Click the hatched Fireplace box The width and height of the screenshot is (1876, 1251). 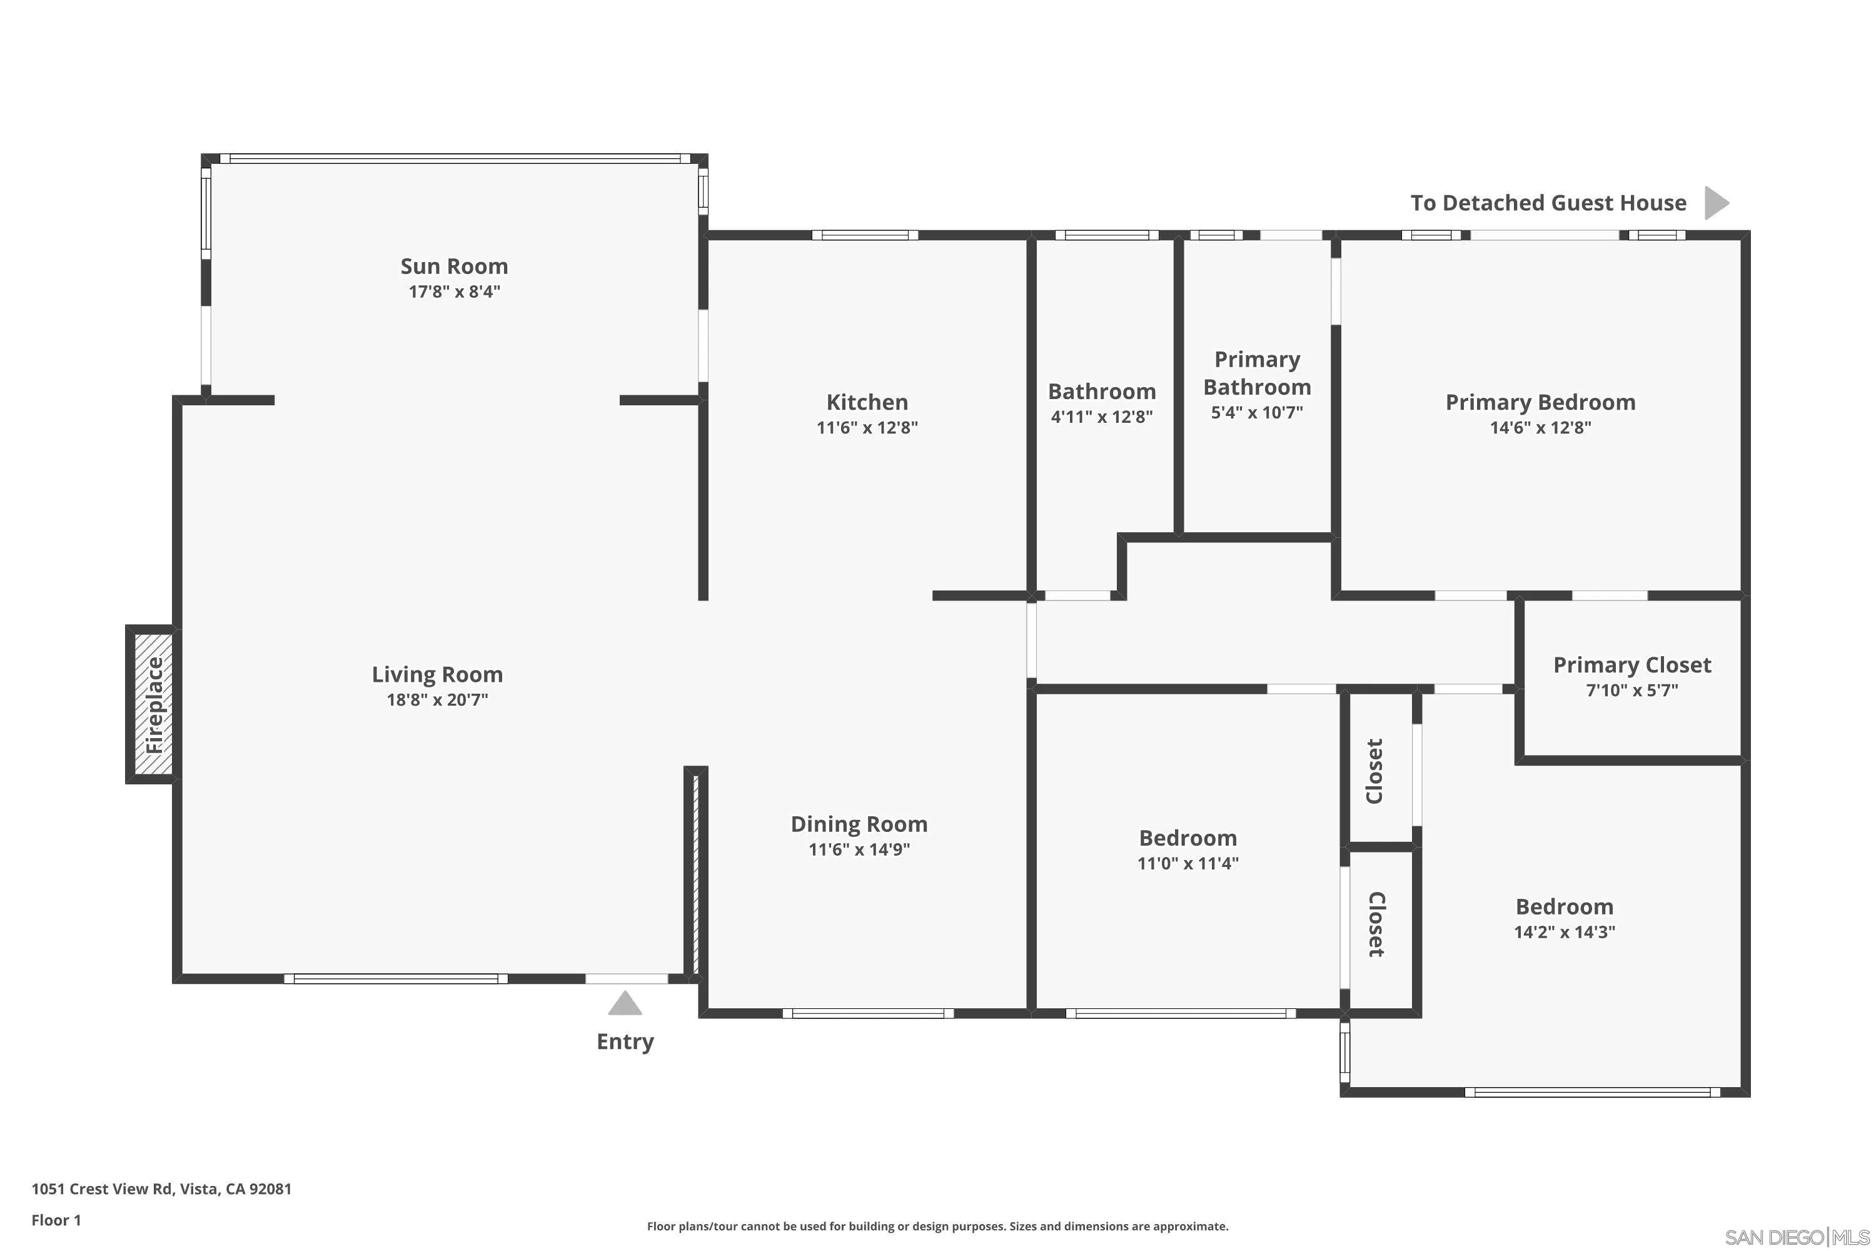click(x=153, y=704)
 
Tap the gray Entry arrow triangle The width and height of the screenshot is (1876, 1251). click(x=625, y=1004)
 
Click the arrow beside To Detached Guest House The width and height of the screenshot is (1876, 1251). click(x=1716, y=203)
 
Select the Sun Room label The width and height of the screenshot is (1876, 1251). click(x=454, y=266)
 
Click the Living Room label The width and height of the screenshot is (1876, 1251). click(x=437, y=674)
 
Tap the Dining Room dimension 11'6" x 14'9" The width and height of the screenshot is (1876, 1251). click(x=859, y=849)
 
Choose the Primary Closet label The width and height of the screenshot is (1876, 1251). click(x=1632, y=664)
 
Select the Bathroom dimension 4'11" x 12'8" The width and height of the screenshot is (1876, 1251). click(x=1101, y=417)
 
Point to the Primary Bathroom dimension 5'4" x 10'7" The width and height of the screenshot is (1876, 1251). click(x=1257, y=412)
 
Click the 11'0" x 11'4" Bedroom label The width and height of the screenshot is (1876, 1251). click(x=1188, y=838)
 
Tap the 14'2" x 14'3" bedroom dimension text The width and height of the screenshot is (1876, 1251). click(x=1564, y=932)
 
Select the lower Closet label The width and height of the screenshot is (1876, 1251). click(x=1376, y=924)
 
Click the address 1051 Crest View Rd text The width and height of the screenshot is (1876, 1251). click(x=161, y=1189)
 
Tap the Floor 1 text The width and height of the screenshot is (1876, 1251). click(x=56, y=1220)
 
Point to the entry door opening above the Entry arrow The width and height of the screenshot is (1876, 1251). click(x=627, y=978)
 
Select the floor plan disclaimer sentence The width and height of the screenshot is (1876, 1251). click(x=937, y=1226)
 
